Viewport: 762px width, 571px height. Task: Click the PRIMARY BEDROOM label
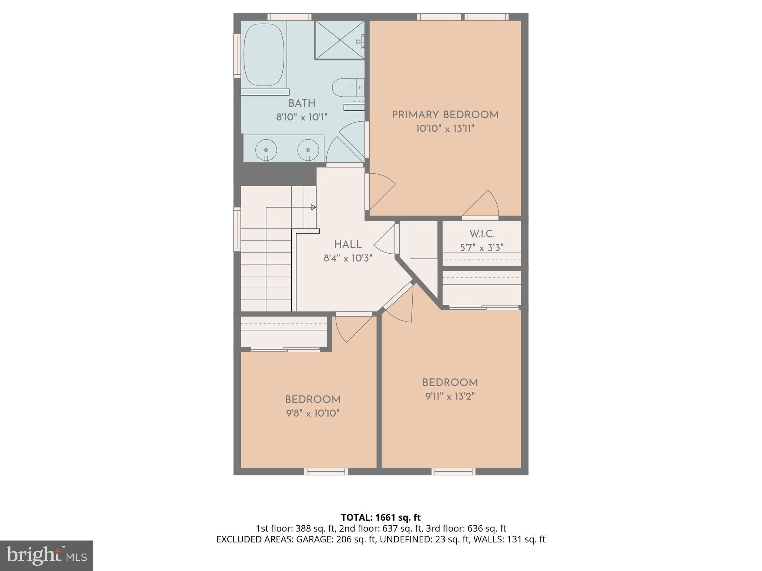click(445, 115)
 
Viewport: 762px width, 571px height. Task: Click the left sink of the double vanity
click(266, 150)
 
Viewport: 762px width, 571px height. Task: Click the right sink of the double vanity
click(308, 150)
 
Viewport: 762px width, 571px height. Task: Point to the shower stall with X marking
click(339, 40)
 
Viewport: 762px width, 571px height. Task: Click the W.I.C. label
click(481, 234)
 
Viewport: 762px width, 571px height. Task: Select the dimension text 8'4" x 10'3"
click(348, 258)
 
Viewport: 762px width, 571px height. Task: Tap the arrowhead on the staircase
click(314, 207)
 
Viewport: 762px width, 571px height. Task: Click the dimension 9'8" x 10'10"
click(313, 413)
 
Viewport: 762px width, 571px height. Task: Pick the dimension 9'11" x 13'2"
click(450, 396)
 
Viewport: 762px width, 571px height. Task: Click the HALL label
click(348, 245)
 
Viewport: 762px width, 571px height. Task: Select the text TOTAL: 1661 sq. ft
click(381, 517)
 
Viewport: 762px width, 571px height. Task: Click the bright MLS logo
click(46, 556)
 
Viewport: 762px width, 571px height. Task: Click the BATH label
click(302, 103)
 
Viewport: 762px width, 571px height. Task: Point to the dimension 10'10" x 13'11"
click(445, 129)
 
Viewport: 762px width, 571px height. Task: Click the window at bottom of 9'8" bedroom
click(326, 471)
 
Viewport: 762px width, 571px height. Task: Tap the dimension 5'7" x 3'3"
click(481, 248)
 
